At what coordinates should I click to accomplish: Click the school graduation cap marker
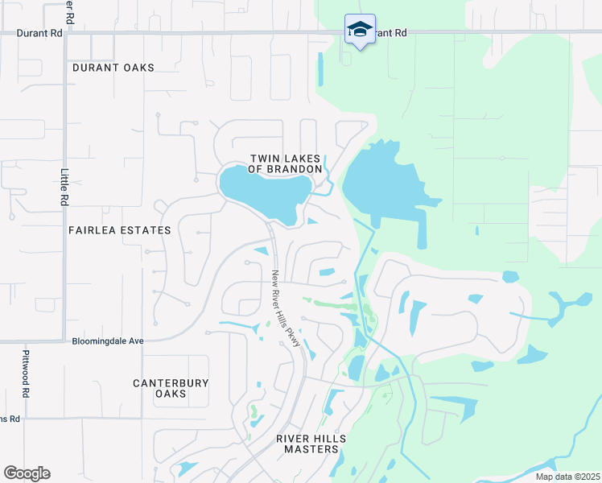[x=359, y=30]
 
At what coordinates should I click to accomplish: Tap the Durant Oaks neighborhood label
[x=113, y=68]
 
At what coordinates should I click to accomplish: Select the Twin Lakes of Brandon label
[x=285, y=164]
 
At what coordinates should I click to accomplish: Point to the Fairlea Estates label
[x=120, y=230]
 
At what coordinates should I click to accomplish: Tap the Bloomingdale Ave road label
[x=107, y=341]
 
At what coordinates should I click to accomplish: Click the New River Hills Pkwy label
[x=286, y=308]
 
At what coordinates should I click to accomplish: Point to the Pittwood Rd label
[x=26, y=380]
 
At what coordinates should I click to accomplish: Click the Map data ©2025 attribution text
[x=567, y=477]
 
